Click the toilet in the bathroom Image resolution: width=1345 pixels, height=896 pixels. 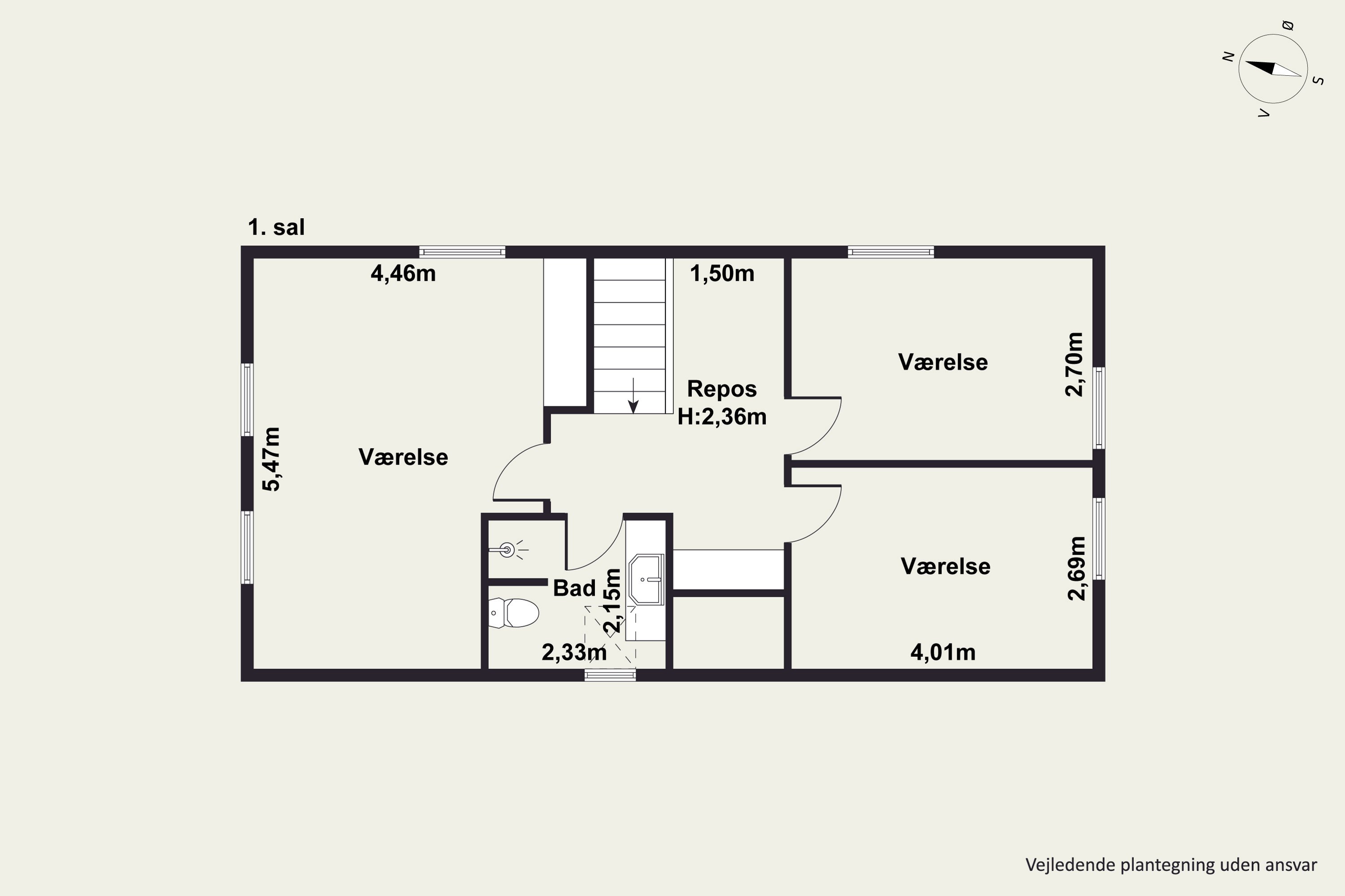click(x=513, y=612)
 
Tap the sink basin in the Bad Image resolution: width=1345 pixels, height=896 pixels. click(x=646, y=579)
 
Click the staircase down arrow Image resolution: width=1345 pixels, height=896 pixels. click(x=633, y=396)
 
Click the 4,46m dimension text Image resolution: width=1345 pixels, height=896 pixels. click(x=403, y=274)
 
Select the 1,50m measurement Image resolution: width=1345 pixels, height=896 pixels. click(x=722, y=274)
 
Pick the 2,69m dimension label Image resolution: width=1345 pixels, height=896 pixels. click(x=1077, y=568)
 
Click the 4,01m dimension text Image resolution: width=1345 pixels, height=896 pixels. click(x=943, y=652)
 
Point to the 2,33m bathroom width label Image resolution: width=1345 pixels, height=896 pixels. click(x=574, y=652)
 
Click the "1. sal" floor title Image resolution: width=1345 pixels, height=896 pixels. click(x=276, y=228)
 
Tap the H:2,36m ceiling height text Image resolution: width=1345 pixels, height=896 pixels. click(x=722, y=417)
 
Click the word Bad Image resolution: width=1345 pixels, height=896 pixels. click(x=574, y=588)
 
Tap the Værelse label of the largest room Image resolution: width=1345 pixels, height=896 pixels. click(x=403, y=457)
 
